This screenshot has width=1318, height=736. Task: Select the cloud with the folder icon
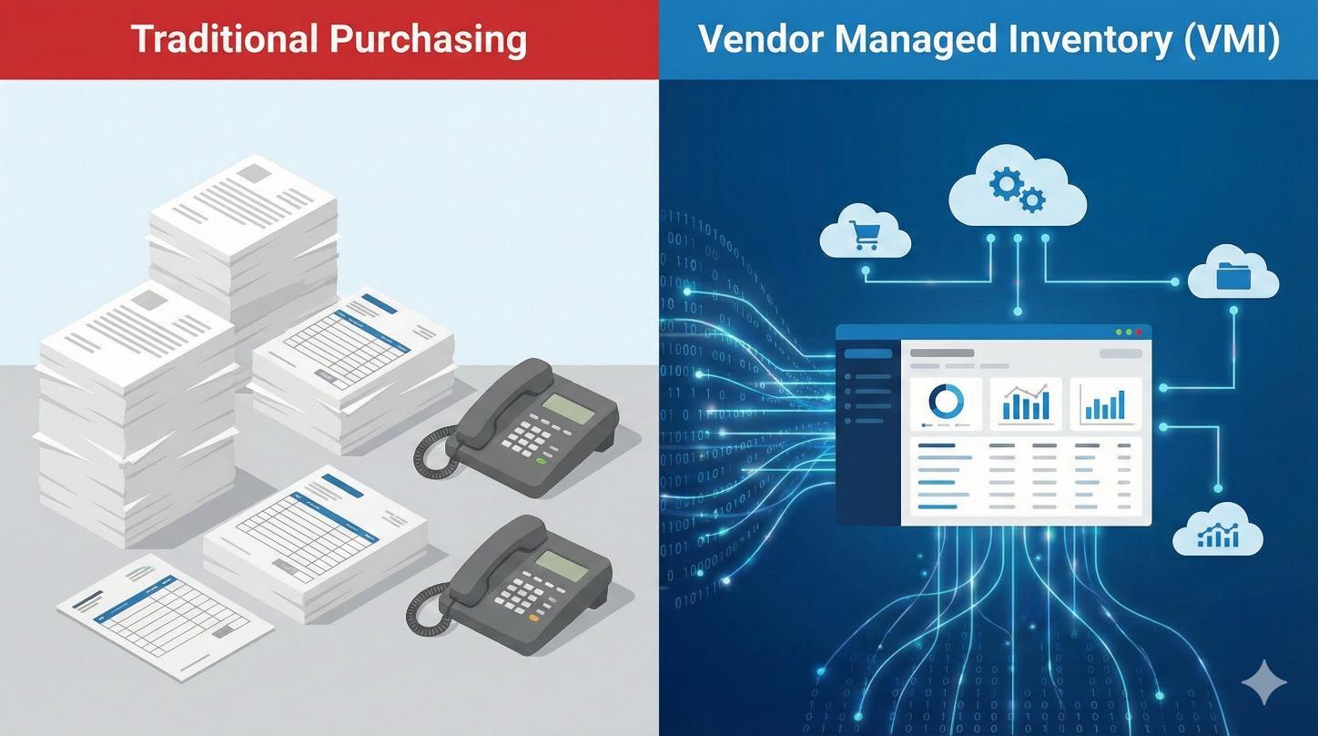point(1234,275)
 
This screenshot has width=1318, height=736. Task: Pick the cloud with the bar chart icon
point(1219,534)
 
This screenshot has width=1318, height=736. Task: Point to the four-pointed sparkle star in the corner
point(1264,683)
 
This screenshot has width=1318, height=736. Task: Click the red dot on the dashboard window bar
point(1140,333)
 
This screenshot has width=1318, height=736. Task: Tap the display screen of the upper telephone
point(568,408)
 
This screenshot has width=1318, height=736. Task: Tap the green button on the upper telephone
point(542,461)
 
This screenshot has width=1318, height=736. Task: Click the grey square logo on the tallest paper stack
point(254,172)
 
